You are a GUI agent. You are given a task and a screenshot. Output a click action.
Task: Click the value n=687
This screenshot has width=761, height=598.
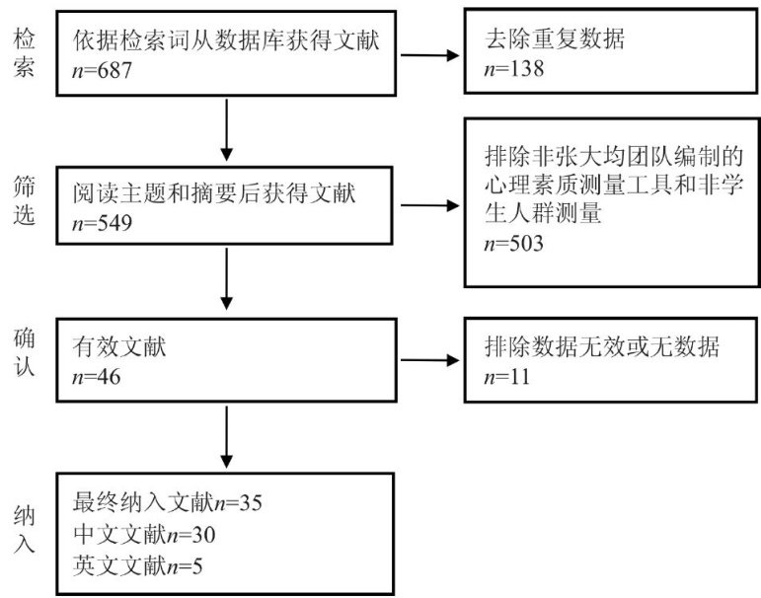tap(102, 71)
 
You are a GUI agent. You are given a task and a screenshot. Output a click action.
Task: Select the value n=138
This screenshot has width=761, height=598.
tap(514, 69)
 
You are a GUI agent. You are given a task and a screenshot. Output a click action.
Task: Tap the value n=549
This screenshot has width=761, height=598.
tap(102, 223)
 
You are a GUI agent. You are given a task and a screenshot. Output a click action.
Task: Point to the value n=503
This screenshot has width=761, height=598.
tap(514, 243)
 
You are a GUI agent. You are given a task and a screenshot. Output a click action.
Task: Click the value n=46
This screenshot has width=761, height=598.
tap(96, 377)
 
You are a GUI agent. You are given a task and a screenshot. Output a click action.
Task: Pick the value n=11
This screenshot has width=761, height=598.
tap(507, 377)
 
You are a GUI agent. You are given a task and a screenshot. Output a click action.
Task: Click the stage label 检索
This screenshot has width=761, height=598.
tap(24, 52)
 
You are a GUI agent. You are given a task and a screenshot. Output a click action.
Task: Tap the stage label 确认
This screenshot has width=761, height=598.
tap(24, 352)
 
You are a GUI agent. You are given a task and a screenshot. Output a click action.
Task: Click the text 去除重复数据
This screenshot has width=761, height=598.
tap(555, 38)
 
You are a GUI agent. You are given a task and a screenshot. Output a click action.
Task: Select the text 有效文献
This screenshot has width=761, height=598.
tap(119, 346)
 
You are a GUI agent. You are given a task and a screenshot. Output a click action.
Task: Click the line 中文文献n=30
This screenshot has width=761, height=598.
tap(144, 535)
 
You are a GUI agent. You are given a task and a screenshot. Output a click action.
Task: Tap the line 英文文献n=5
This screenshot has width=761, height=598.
tap(138, 566)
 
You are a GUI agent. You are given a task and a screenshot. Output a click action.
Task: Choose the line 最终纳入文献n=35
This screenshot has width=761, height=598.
tap(168, 503)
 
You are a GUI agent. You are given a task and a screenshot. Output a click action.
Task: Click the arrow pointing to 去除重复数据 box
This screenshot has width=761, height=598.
tap(429, 55)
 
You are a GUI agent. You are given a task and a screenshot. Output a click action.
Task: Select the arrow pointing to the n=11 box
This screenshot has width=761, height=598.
tap(429, 360)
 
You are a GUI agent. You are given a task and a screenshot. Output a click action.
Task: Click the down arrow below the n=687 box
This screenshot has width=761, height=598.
tap(226, 129)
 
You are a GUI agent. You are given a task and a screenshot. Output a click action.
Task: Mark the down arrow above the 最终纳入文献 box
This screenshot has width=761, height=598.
tap(226, 437)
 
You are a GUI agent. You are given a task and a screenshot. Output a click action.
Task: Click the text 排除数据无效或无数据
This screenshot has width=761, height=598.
tap(602, 346)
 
